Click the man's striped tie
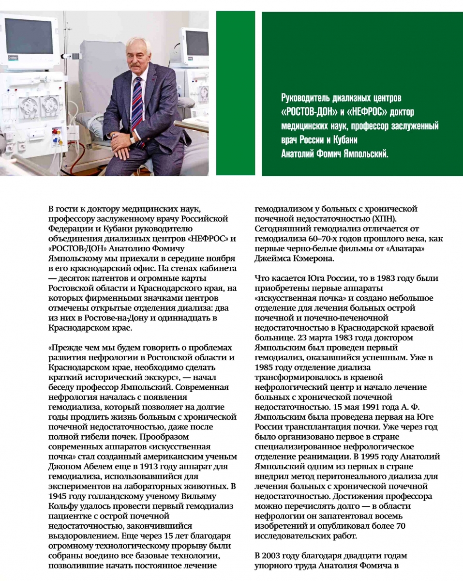(137, 104)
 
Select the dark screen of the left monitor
(29, 36)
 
